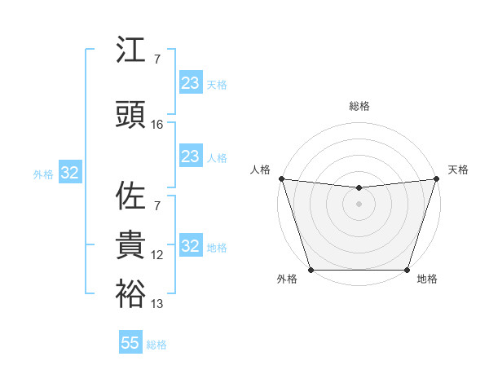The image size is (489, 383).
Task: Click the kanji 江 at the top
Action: click(x=130, y=51)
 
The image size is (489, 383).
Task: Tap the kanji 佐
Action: click(x=130, y=196)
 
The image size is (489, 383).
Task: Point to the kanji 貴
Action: click(x=130, y=244)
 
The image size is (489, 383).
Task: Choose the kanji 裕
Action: click(x=130, y=293)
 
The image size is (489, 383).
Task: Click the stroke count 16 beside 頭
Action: click(x=157, y=124)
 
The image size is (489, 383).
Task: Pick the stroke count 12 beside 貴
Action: click(x=157, y=255)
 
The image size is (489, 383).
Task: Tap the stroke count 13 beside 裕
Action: click(x=157, y=305)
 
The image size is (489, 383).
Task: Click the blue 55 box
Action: click(x=130, y=343)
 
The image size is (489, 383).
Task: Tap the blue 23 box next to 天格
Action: click(x=191, y=83)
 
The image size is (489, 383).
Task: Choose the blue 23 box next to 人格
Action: click(x=191, y=156)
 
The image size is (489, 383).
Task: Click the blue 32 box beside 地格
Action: click(x=191, y=246)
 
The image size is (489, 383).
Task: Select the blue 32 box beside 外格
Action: click(x=69, y=173)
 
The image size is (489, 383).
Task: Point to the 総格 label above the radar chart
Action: click(x=359, y=106)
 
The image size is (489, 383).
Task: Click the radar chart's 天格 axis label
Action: click(x=458, y=169)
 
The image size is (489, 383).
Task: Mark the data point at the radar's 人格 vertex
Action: click(x=282, y=178)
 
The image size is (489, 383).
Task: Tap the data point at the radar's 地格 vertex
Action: click(x=407, y=270)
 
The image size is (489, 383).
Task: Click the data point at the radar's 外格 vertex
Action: click(x=311, y=270)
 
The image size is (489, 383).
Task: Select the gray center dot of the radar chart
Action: click(x=359, y=204)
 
